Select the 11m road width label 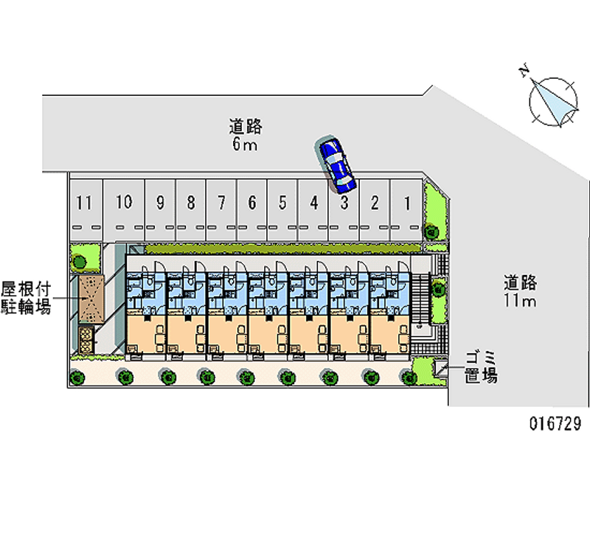coord(520,291)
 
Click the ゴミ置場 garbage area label coord(480,367)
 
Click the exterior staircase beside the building coord(421,295)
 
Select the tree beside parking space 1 coord(431,232)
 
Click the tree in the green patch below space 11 coord(79,260)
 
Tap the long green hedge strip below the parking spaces coord(280,249)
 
